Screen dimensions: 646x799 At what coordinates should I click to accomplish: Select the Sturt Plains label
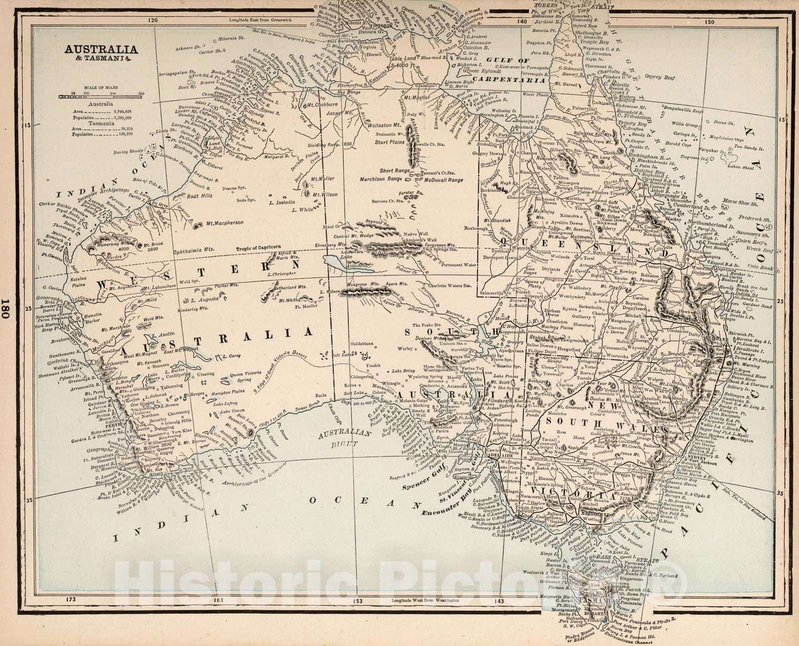[390, 142]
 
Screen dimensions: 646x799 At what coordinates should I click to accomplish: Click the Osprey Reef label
[662, 77]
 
